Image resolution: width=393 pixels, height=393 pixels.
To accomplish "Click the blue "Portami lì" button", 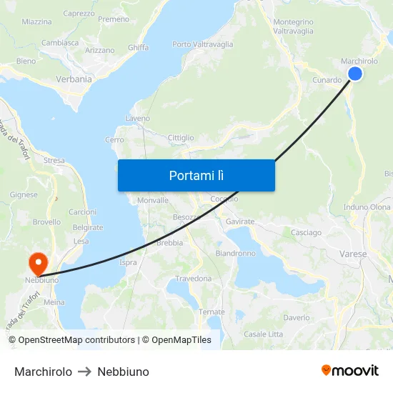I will click(x=196, y=175).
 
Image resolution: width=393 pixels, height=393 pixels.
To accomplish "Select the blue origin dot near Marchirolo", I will click(x=354, y=74).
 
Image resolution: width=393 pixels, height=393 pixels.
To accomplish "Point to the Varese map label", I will click(x=353, y=254).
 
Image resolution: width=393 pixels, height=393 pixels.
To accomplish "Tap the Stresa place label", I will click(x=54, y=161).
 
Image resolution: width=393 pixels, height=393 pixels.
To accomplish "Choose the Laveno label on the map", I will click(x=137, y=118).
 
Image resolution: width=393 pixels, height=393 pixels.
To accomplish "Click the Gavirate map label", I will click(x=240, y=222).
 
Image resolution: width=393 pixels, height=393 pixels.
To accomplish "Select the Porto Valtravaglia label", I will click(x=203, y=44).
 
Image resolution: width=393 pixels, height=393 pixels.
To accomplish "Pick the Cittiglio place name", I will click(x=181, y=137).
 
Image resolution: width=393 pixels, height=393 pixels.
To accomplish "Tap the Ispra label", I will click(x=128, y=262).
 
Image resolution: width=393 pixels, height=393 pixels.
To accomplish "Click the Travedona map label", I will click(x=193, y=279).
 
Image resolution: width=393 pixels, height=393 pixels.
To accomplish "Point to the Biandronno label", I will click(x=235, y=253).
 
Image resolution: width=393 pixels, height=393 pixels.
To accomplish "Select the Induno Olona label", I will click(x=367, y=207).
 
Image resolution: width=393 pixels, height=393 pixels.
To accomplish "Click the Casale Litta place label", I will click(x=264, y=334).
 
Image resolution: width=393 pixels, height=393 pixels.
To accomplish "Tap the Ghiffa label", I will click(x=138, y=47).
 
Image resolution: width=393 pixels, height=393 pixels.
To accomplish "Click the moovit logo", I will click(x=350, y=370).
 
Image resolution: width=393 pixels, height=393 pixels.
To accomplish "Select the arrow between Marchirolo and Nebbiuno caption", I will click(x=85, y=372).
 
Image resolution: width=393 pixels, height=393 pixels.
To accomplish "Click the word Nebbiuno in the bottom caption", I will click(x=123, y=372).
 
